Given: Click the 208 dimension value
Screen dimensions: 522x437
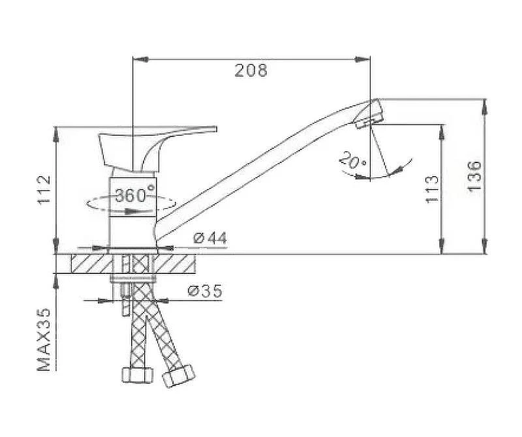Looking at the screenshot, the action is [251, 70].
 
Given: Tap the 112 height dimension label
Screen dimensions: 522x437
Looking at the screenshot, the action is [44, 190].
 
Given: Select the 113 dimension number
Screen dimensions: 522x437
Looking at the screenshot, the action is [432, 189].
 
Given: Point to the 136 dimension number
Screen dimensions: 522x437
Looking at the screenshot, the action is [474, 175].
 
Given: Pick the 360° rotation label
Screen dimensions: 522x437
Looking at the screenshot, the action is [135, 195].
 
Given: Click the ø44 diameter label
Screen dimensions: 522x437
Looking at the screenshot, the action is [210, 238].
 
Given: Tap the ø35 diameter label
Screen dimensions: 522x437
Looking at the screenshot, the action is [205, 291].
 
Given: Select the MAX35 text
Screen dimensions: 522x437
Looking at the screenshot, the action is [44, 339].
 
